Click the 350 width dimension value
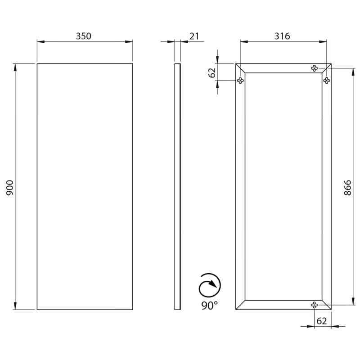[x=84, y=36]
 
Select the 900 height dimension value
[x=10, y=188]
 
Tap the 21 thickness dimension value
[x=194, y=36]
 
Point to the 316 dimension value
[x=282, y=36]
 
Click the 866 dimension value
[x=347, y=188]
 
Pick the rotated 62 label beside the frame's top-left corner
[x=212, y=73]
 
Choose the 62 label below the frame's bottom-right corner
[x=321, y=321]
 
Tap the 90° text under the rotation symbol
[x=209, y=305]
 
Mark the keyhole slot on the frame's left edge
[x=240, y=81]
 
